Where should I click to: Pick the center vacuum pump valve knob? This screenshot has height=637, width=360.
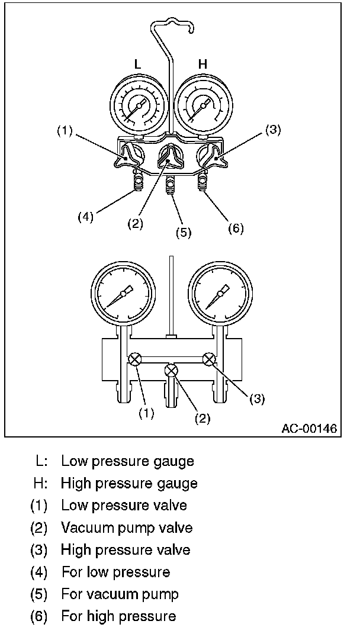click(x=171, y=159)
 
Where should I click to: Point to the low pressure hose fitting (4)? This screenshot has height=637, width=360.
click(x=139, y=182)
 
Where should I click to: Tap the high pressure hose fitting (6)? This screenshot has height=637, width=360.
click(x=202, y=182)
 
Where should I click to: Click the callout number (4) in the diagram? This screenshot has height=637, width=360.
click(x=86, y=217)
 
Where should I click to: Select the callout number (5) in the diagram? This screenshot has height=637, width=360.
click(x=184, y=232)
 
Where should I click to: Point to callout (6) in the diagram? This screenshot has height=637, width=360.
click(x=235, y=228)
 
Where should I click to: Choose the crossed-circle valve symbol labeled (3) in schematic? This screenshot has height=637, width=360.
click(x=208, y=358)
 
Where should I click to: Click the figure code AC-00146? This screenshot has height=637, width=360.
click(x=308, y=429)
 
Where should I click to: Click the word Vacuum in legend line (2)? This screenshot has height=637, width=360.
click(x=83, y=527)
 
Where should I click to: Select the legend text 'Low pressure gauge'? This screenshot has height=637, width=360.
click(x=127, y=460)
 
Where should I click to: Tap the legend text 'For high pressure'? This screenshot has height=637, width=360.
click(x=118, y=616)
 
